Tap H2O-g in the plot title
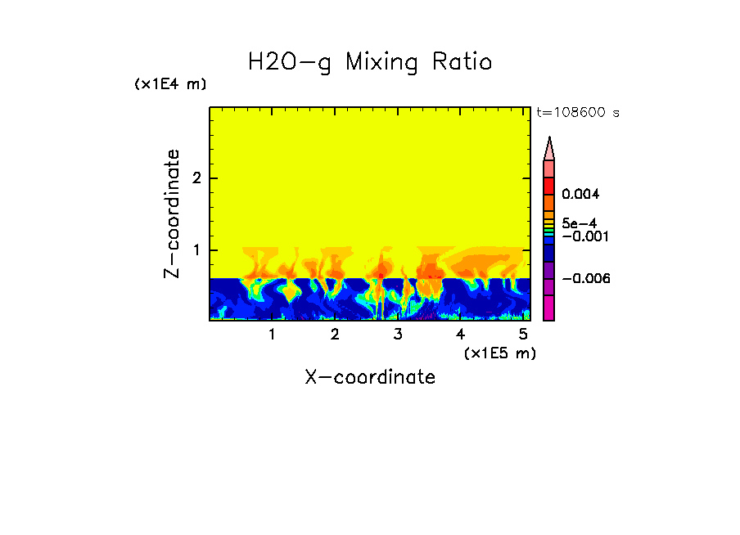(290, 62)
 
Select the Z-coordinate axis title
(172, 214)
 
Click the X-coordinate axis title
(370, 377)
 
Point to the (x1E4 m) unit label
(170, 84)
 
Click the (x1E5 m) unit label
(499, 353)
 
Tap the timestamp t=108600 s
(577, 112)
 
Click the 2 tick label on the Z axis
(196, 178)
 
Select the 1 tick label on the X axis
(272, 335)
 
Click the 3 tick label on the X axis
(398, 335)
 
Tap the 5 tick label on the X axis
(523, 335)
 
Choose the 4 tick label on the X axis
(460, 335)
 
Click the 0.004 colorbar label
(580, 195)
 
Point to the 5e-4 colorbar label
(579, 223)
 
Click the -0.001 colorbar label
(583, 236)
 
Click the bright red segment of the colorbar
(549, 186)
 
